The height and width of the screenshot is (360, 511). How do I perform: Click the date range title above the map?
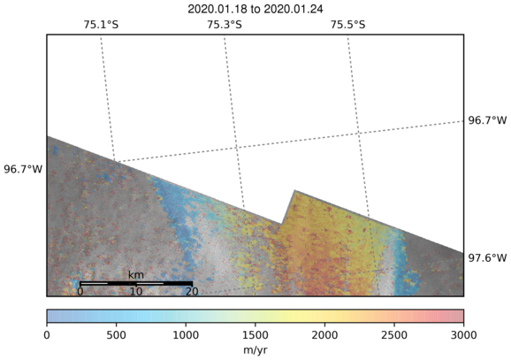coord(255,9)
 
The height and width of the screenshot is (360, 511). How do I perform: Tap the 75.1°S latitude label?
coord(101,25)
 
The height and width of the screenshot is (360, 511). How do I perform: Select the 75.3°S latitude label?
coord(225,25)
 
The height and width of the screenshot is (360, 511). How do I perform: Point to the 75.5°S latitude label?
coord(348,25)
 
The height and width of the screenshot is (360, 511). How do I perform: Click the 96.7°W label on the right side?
coord(487,120)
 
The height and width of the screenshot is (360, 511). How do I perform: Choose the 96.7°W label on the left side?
coord(23,169)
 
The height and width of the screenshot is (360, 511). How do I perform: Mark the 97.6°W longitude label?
coord(487,258)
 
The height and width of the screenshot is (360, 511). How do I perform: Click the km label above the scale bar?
coord(136,275)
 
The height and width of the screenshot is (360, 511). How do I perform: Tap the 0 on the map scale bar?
coord(80,291)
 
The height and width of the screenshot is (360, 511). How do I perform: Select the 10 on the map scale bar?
coord(136,291)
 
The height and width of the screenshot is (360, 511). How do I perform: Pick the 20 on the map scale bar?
coord(192,291)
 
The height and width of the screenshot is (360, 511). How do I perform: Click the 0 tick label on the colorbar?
coord(47,335)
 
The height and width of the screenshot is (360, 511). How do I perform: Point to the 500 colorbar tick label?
coord(117,335)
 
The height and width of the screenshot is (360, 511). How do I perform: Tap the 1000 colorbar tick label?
coord(186,335)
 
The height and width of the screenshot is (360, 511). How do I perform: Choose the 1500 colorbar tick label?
coord(255,335)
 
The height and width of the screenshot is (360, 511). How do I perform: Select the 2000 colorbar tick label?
coord(324,335)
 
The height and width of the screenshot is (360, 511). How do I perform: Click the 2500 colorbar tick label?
coord(394,335)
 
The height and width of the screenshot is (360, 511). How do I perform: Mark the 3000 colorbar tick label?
coord(463,335)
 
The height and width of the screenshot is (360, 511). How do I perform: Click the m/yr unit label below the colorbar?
coord(255,350)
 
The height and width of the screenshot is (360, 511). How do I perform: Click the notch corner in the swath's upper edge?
coord(281,225)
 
